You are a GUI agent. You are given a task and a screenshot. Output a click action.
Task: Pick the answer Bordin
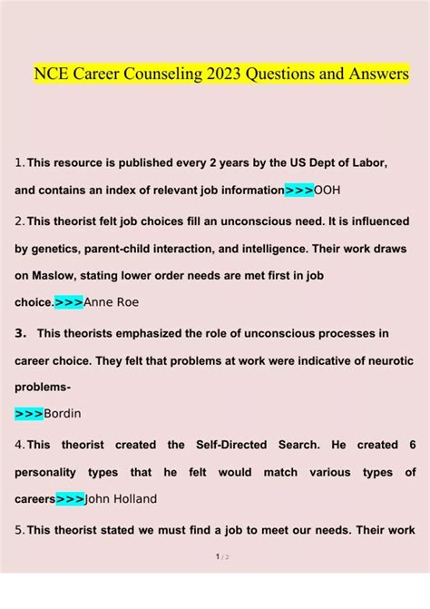(63, 414)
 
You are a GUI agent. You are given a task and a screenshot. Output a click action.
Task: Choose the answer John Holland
(122, 498)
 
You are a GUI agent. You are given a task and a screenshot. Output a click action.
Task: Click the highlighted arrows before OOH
(298, 191)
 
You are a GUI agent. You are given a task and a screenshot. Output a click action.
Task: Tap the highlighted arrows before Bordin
(29, 414)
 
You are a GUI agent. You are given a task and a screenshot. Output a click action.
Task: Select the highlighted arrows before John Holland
(70, 498)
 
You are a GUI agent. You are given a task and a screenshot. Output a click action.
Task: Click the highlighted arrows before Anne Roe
(69, 302)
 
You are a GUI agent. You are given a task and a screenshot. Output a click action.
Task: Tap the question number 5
(19, 530)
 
